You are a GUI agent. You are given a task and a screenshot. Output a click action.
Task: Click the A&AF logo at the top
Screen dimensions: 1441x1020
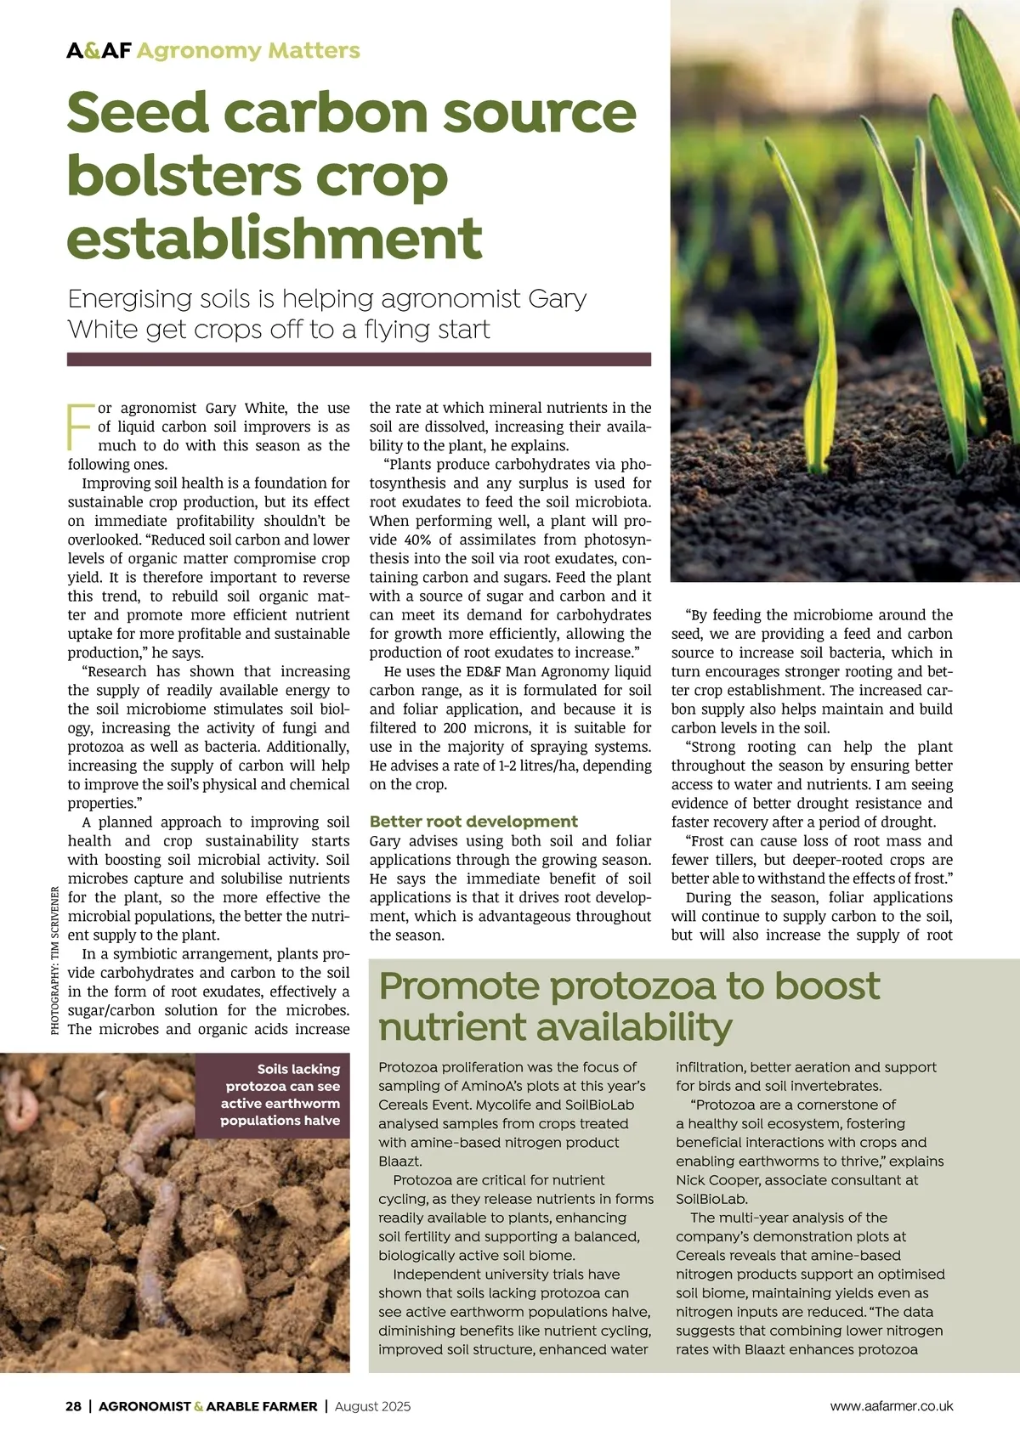[99, 51]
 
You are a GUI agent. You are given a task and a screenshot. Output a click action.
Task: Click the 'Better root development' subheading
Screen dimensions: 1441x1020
[473, 822]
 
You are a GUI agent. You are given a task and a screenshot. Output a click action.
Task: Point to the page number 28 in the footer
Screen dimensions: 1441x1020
[74, 1406]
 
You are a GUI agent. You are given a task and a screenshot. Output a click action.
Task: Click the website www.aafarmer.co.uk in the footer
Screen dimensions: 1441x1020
[892, 1406]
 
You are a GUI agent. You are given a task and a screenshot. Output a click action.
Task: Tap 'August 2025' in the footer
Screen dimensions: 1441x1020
[372, 1406]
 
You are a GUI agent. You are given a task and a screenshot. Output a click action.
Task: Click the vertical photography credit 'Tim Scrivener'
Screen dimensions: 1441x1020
[55, 960]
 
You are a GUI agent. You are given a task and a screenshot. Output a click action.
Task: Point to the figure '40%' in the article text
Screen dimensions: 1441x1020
[417, 540]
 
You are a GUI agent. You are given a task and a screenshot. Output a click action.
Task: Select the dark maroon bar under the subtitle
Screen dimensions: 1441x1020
[359, 359]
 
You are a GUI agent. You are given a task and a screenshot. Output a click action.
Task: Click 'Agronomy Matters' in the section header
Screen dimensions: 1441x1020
[248, 51]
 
